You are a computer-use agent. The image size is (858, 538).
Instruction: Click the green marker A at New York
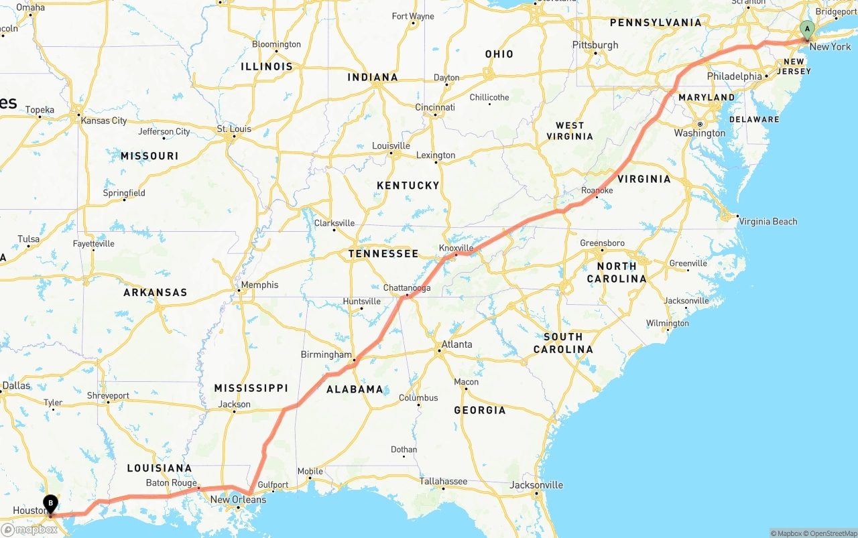click(807, 29)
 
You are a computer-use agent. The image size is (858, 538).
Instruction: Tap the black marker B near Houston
click(51, 503)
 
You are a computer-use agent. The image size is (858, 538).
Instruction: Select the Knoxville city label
click(456, 248)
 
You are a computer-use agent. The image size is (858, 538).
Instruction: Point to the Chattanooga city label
click(407, 288)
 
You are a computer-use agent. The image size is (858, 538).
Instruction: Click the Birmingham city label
click(326, 354)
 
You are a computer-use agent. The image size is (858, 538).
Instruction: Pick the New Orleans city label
click(238, 500)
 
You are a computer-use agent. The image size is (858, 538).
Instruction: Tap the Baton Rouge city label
click(171, 483)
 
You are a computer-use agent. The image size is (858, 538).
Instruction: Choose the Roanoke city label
click(597, 190)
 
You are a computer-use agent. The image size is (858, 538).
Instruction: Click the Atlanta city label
click(456, 344)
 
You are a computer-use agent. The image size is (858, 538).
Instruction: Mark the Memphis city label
click(259, 285)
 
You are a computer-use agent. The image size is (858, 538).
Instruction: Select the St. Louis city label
click(234, 129)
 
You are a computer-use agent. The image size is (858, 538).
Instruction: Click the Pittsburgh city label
click(595, 45)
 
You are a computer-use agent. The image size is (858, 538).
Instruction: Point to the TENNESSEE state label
click(383, 254)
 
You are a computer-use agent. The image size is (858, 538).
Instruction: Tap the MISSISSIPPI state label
click(251, 388)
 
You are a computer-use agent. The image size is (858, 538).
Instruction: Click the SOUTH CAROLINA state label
click(563, 342)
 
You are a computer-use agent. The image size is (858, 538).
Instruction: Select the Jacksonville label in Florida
click(536, 485)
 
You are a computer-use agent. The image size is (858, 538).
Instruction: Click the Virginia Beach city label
click(768, 221)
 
